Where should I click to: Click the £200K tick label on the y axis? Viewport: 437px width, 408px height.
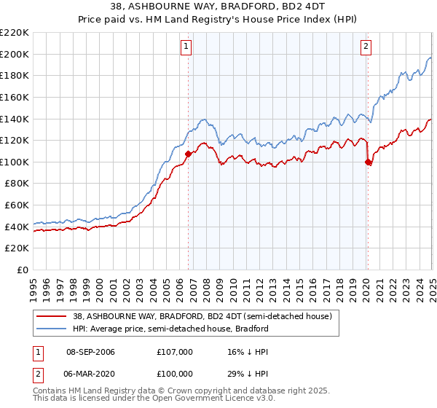(15, 54)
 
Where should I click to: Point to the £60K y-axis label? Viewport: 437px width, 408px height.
(17, 205)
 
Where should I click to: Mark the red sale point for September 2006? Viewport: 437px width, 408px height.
(188, 154)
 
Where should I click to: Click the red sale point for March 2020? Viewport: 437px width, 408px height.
(368, 162)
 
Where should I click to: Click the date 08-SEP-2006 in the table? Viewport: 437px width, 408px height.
(90, 352)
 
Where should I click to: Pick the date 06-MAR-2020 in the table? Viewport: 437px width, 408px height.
(90, 374)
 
